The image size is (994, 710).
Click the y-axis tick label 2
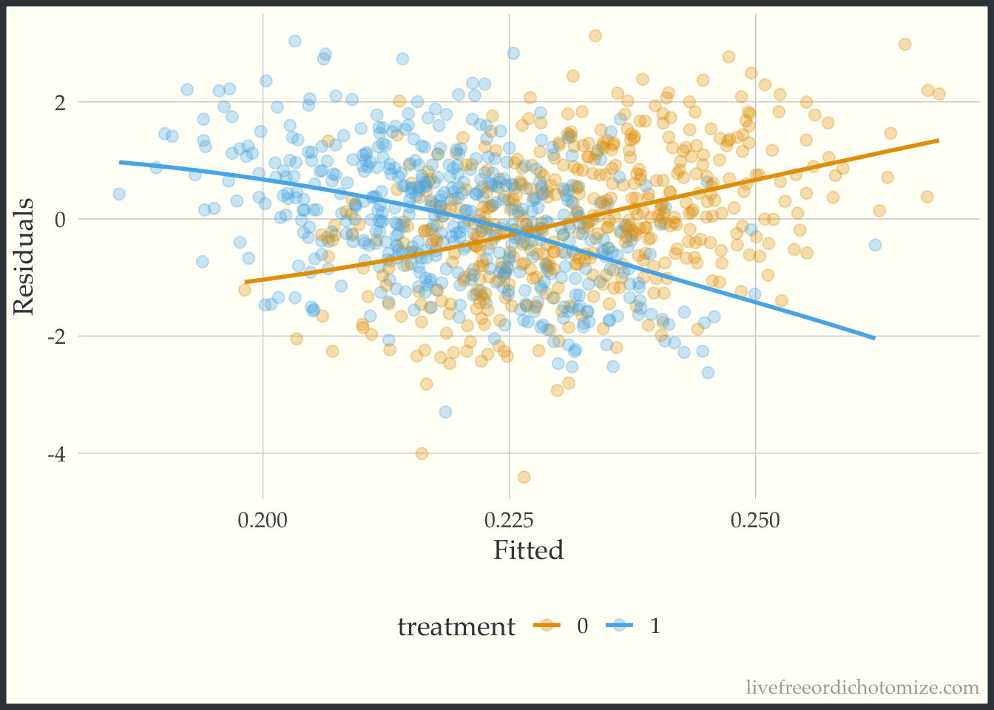59,102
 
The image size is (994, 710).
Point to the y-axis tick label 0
59,219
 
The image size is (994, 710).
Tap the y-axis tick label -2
56,337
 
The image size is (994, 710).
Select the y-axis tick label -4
56,453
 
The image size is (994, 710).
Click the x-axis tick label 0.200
263,521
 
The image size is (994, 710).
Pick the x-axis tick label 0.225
509,521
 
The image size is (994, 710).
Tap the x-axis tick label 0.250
754,521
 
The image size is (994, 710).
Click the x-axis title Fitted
528,551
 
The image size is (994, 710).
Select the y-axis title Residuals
24,256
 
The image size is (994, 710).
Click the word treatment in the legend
456,627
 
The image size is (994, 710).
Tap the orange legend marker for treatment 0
548,626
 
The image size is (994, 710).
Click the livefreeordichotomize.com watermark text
862,688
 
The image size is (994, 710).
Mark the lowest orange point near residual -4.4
524,477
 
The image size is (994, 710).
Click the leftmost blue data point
119,195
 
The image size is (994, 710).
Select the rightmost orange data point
939,94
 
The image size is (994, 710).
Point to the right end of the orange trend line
939,140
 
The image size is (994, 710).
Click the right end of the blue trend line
875,339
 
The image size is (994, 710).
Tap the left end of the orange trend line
245,282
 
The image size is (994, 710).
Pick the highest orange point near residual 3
595,35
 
